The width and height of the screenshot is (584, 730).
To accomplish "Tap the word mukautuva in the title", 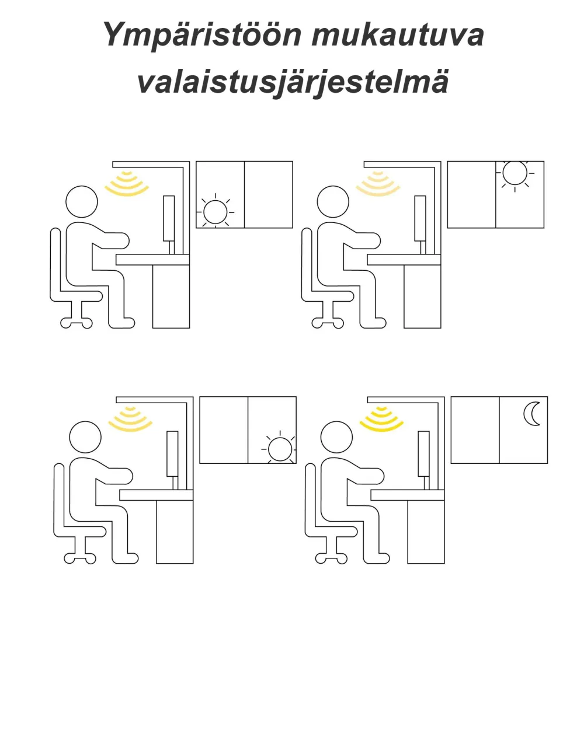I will pyautogui.click(x=397, y=35).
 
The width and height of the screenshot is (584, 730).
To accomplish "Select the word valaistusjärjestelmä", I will pyautogui.click(x=293, y=81).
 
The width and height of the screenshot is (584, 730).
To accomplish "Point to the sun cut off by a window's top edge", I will pyautogui.click(x=515, y=173).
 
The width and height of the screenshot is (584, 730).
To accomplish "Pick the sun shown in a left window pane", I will pyautogui.click(x=214, y=212).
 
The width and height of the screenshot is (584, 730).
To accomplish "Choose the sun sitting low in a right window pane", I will pyautogui.click(x=280, y=449).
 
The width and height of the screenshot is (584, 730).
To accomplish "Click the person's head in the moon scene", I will pyautogui.click(x=337, y=437).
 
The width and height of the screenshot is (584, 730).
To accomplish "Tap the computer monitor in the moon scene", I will pyautogui.click(x=425, y=454).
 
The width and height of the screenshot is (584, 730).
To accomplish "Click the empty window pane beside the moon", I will pyautogui.click(x=475, y=430).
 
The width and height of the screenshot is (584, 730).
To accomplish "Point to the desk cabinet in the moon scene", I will pyautogui.click(x=426, y=532).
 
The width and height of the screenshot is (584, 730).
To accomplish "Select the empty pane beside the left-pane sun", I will pyautogui.click(x=268, y=194).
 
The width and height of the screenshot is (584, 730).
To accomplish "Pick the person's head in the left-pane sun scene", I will pyautogui.click(x=82, y=202).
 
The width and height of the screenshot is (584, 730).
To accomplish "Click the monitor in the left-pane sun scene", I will pyautogui.click(x=169, y=219).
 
